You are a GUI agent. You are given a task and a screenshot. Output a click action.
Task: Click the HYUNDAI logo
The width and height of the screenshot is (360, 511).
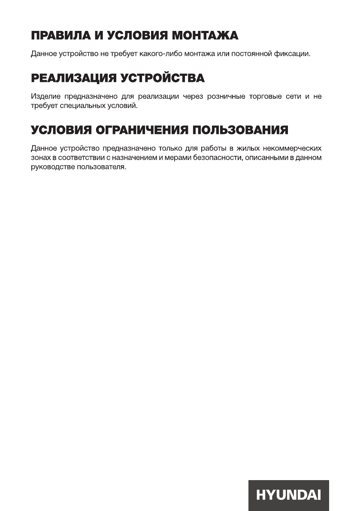[288, 495]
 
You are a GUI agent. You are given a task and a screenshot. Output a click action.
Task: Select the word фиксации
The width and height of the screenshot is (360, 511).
[293, 54]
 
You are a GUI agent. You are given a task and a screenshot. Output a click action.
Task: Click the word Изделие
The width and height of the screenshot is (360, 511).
[44, 97]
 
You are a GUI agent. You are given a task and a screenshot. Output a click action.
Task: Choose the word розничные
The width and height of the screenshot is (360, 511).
[226, 97]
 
